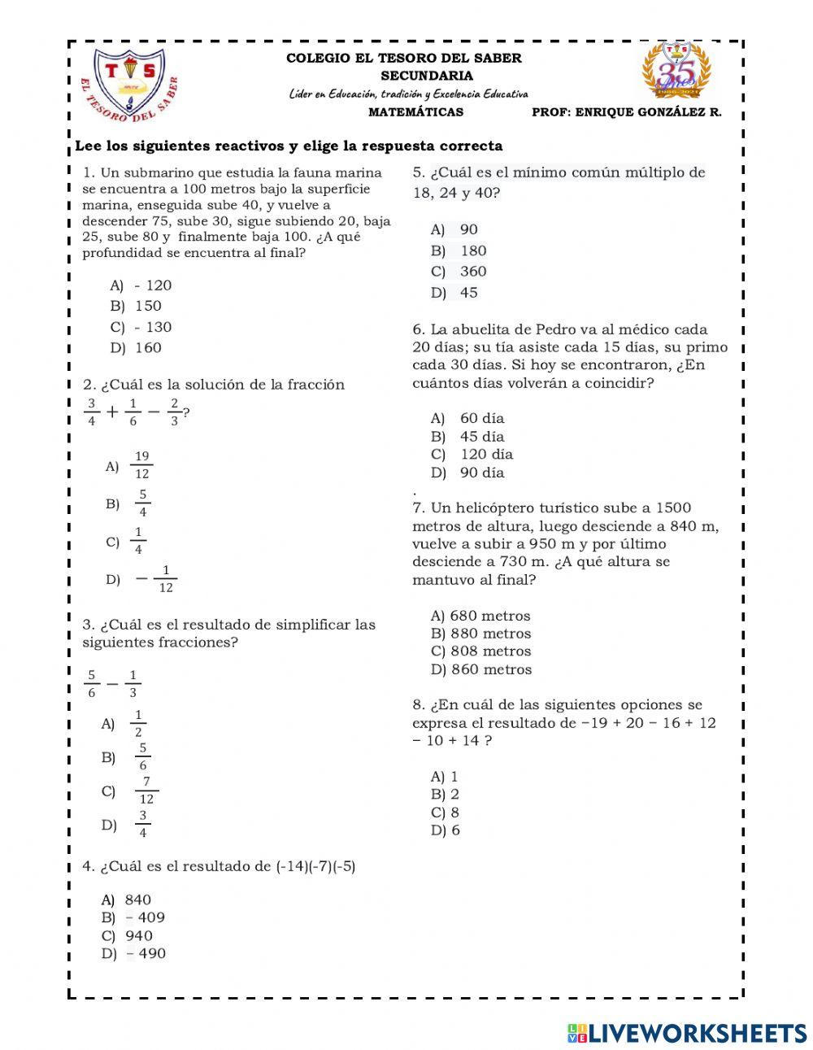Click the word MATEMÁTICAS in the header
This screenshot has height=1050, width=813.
415,112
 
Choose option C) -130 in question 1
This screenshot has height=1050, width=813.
141,327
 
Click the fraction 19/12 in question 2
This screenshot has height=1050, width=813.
141,465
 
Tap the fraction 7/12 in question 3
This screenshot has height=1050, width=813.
146,791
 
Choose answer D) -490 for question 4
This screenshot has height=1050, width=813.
134,953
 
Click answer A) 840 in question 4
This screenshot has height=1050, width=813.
127,900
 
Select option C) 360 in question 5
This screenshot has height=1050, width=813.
459,272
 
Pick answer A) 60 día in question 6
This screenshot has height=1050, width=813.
468,418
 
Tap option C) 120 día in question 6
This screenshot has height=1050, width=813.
472,455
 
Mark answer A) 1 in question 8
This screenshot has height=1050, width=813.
445,777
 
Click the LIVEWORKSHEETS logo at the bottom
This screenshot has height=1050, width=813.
687,1033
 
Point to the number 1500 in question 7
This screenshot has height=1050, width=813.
673,508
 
